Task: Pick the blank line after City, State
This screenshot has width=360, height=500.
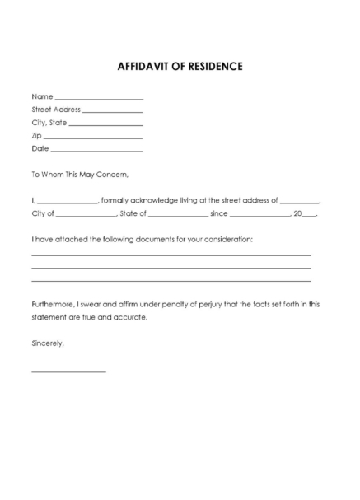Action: pyautogui.click(x=107, y=124)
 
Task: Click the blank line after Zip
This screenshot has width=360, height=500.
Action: pyautogui.click(x=93, y=138)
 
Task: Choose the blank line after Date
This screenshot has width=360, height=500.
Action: pyautogui.click(x=97, y=151)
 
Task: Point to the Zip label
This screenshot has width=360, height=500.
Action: pyautogui.click(x=36, y=135)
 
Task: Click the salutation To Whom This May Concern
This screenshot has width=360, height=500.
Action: pyautogui.click(x=80, y=175)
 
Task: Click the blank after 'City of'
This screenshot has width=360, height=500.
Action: pyautogui.click(x=87, y=216)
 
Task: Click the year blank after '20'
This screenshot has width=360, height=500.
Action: pyautogui.click(x=310, y=216)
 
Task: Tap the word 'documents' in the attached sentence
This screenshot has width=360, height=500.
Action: pyautogui.click(x=167, y=239)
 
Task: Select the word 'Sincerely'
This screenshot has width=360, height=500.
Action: pyautogui.click(x=47, y=342)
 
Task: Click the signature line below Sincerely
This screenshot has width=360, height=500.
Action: pyautogui.click(x=68, y=372)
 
